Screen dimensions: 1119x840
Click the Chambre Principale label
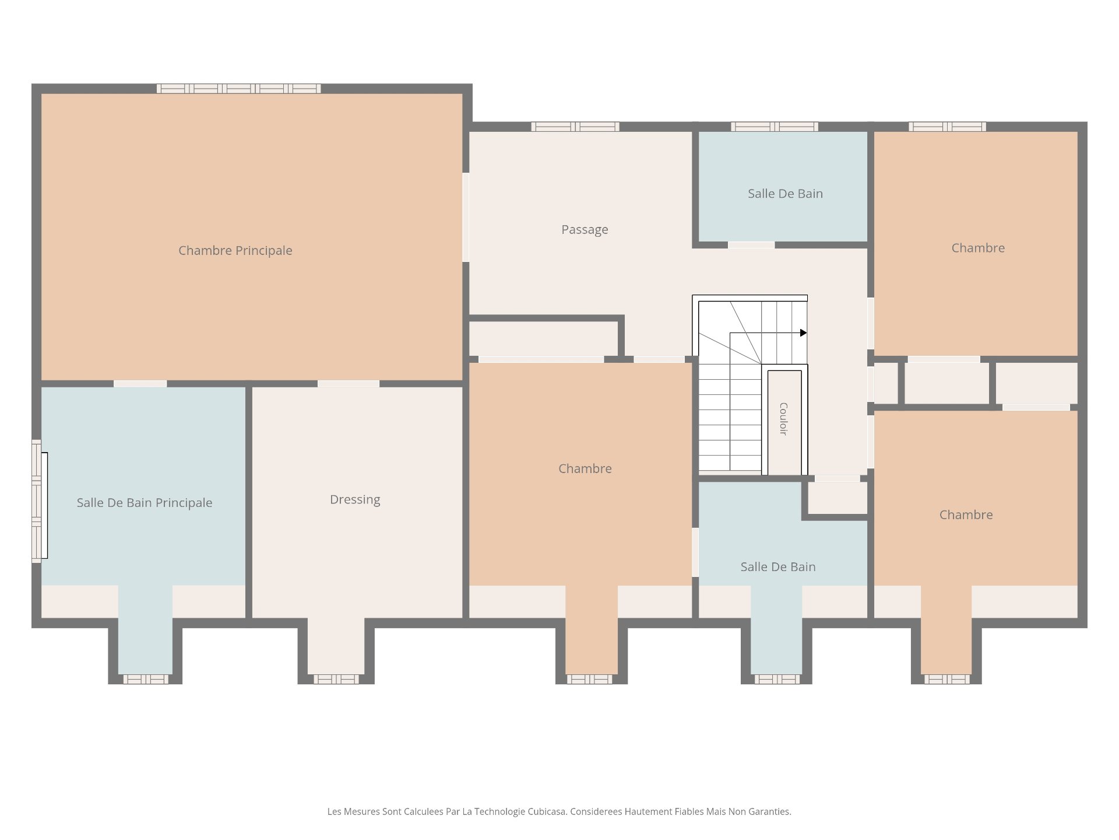point(235,251)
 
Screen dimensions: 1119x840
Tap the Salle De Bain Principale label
point(145,503)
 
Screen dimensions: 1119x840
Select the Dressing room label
point(355,500)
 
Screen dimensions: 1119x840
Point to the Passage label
point(585,230)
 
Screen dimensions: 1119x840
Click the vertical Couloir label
point(783,419)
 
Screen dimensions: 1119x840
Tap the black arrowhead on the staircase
point(803,333)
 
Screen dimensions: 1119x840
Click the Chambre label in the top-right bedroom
point(978,248)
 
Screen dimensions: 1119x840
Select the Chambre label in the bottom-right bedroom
point(966,514)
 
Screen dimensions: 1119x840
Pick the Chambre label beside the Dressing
point(585,468)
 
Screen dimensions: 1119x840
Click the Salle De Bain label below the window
point(785,194)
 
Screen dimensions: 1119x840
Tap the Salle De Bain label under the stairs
point(777,567)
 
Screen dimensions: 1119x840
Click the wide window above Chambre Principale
point(238,89)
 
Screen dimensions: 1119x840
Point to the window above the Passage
point(575,127)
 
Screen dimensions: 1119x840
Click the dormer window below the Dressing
point(336,679)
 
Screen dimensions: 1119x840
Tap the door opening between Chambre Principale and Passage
point(466,217)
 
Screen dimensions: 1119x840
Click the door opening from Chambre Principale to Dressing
point(349,384)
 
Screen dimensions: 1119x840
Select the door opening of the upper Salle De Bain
point(751,245)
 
